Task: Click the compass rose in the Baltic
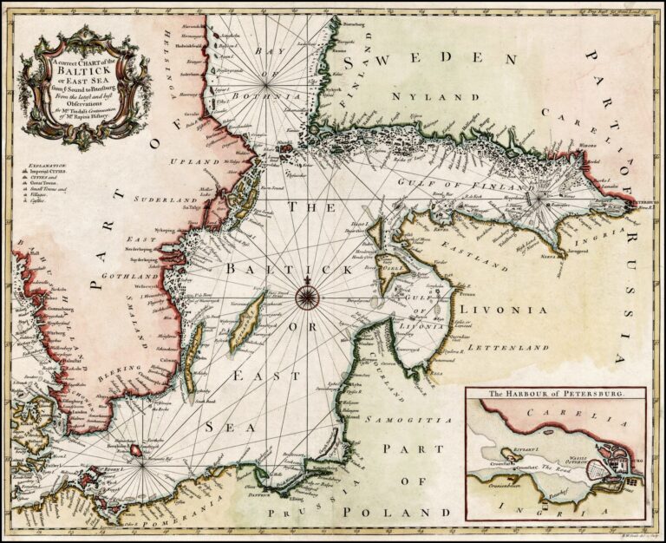(308, 298)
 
